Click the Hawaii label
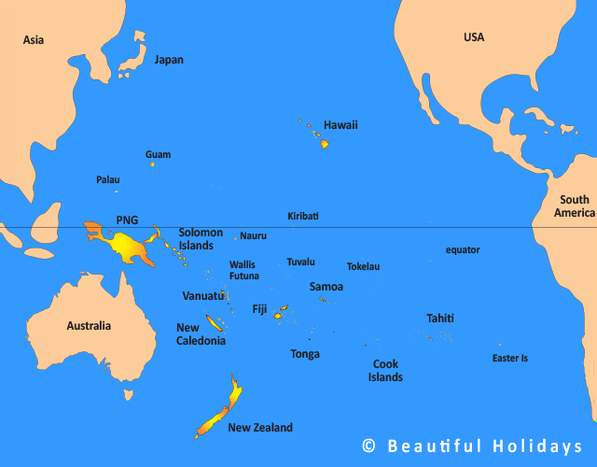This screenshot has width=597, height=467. [340, 125]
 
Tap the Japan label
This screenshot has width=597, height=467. [169, 60]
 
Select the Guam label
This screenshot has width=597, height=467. [158, 154]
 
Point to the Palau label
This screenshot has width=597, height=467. [108, 179]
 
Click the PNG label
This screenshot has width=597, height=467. [127, 220]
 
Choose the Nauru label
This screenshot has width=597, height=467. [253, 236]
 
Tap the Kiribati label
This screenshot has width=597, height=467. [303, 216]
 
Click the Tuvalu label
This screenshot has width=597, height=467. [300, 262]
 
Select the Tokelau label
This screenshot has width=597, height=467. [363, 266]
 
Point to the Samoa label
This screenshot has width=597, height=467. [326, 287]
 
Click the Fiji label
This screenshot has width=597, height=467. [259, 309]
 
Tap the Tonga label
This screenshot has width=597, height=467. [305, 354]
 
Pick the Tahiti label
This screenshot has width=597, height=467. [440, 318]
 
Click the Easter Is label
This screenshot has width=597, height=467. [510, 358]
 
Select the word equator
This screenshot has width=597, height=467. [463, 249]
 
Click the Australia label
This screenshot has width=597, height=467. [89, 326]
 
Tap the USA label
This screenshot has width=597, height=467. [474, 37]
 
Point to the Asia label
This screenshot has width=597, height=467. [34, 39]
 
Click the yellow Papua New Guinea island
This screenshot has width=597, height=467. [126, 248]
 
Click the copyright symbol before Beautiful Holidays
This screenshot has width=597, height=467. [369, 446]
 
